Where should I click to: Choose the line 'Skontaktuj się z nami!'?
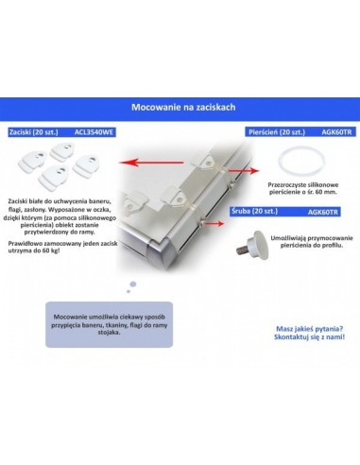tap(308, 337)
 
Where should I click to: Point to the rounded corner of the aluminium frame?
tap(143, 248)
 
